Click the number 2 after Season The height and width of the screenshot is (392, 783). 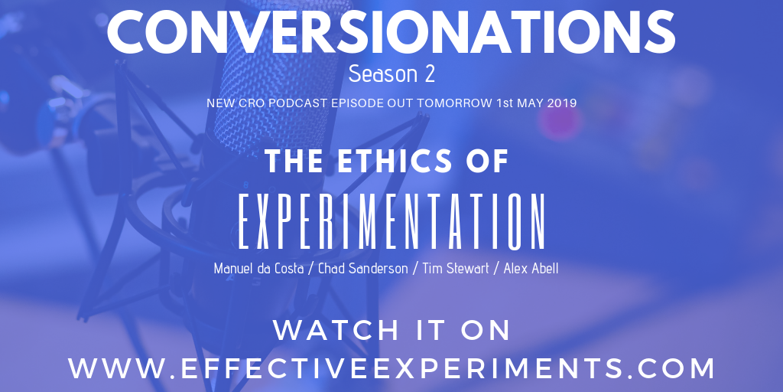tap(429, 74)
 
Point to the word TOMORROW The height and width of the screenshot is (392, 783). tap(454, 103)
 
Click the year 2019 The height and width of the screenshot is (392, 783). tap(562, 103)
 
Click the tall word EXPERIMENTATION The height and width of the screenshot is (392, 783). tap(391, 221)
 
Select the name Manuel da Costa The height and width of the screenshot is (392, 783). tap(258, 269)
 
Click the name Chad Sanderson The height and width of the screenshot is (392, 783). tap(363, 269)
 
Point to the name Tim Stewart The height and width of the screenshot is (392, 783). tap(456, 269)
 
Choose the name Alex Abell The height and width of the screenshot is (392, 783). tap(531, 269)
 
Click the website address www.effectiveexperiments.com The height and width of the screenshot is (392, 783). tap(391, 368)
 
